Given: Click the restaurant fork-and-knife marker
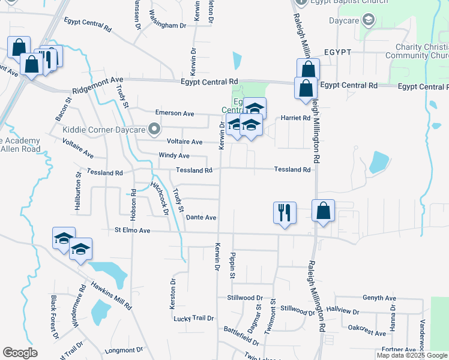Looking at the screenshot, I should tap(285, 212).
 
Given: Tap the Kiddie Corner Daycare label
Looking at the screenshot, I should tap(104, 130).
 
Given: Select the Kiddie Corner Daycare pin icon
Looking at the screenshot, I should tap(155, 128).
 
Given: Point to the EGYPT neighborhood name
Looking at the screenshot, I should tap(337, 52).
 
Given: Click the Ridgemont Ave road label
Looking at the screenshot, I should tap(98, 79).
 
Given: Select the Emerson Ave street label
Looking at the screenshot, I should tap(175, 113).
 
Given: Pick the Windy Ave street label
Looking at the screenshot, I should tap(174, 155).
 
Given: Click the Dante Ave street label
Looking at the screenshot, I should tap(201, 217).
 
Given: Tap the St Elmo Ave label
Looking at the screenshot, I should tap(133, 230).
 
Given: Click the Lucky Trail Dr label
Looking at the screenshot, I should tap(194, 318).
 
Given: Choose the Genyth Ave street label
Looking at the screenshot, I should tap(379, 298).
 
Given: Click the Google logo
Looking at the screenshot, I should tap(20, 353).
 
